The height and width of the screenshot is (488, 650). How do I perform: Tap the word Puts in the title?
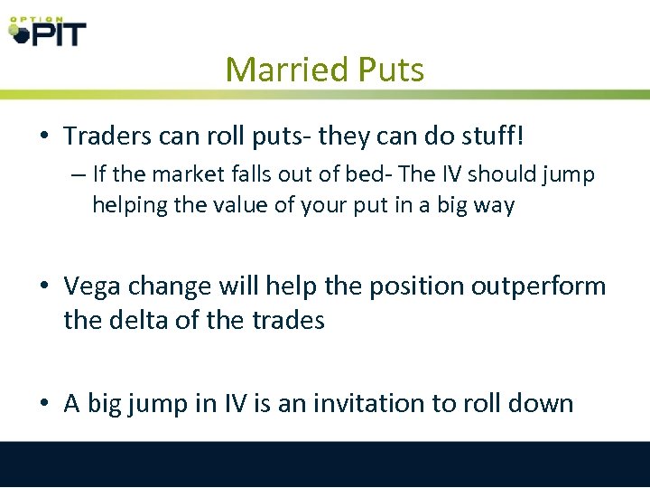click(388, 70)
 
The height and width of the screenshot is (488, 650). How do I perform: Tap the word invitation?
click(371, 402)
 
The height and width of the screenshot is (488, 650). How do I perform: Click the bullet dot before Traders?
click(43, 137)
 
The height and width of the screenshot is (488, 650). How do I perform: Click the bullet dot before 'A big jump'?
click(43, 403)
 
